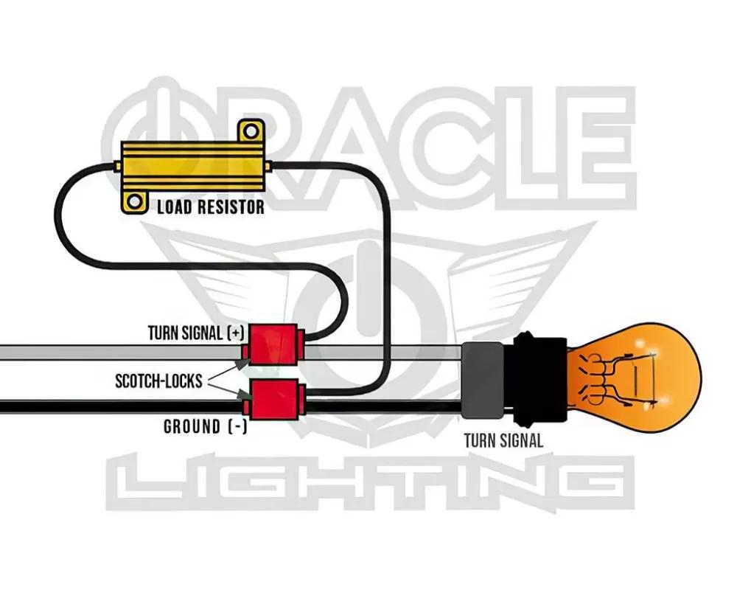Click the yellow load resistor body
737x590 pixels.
coord(192,167)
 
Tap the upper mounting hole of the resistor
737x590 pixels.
coord(251,131)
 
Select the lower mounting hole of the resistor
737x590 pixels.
coord(134,202)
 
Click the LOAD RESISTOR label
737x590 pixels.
coord(211,207)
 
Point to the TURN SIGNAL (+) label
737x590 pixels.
coord(196,333)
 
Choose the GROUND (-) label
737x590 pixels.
coord(205,427)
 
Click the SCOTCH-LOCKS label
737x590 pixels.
coord(158,381)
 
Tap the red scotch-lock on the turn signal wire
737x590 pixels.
coord(273,345)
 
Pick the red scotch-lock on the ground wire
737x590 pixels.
coord(273,400)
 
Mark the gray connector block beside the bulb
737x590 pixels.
coord(482,380)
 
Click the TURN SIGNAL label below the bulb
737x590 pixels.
coord(503,441)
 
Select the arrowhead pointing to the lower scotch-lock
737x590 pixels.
coord(246,396)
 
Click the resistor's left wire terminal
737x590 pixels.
coord(117,166)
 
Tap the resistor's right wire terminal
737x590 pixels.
coord(268,166)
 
